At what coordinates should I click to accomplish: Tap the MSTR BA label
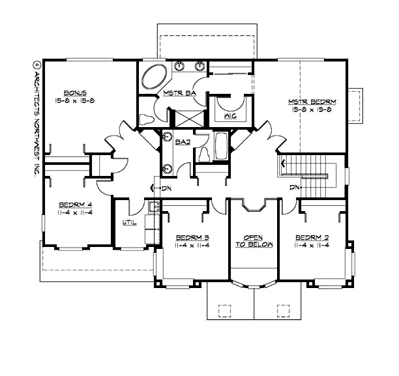click(176, 93)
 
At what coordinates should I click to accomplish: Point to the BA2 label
click(183, 141)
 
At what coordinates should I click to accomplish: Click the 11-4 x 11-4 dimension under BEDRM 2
click(312, 245)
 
